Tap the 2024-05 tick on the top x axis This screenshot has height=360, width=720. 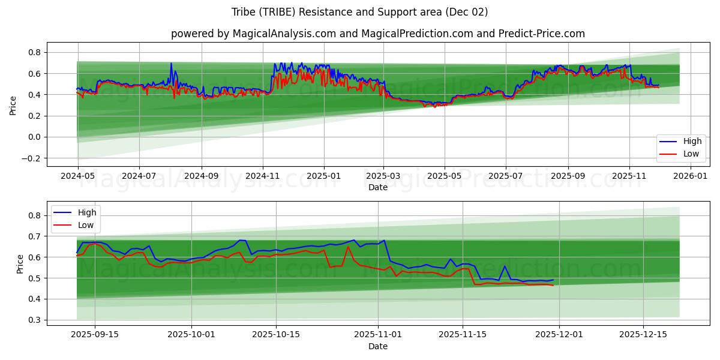pos(77,176)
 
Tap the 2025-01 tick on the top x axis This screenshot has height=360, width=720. pos(324,176)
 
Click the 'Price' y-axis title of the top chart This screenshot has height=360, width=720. pos(13,105)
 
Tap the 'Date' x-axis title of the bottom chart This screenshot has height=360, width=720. pos(377,346)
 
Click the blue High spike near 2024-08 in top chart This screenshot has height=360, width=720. pos(171,63)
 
